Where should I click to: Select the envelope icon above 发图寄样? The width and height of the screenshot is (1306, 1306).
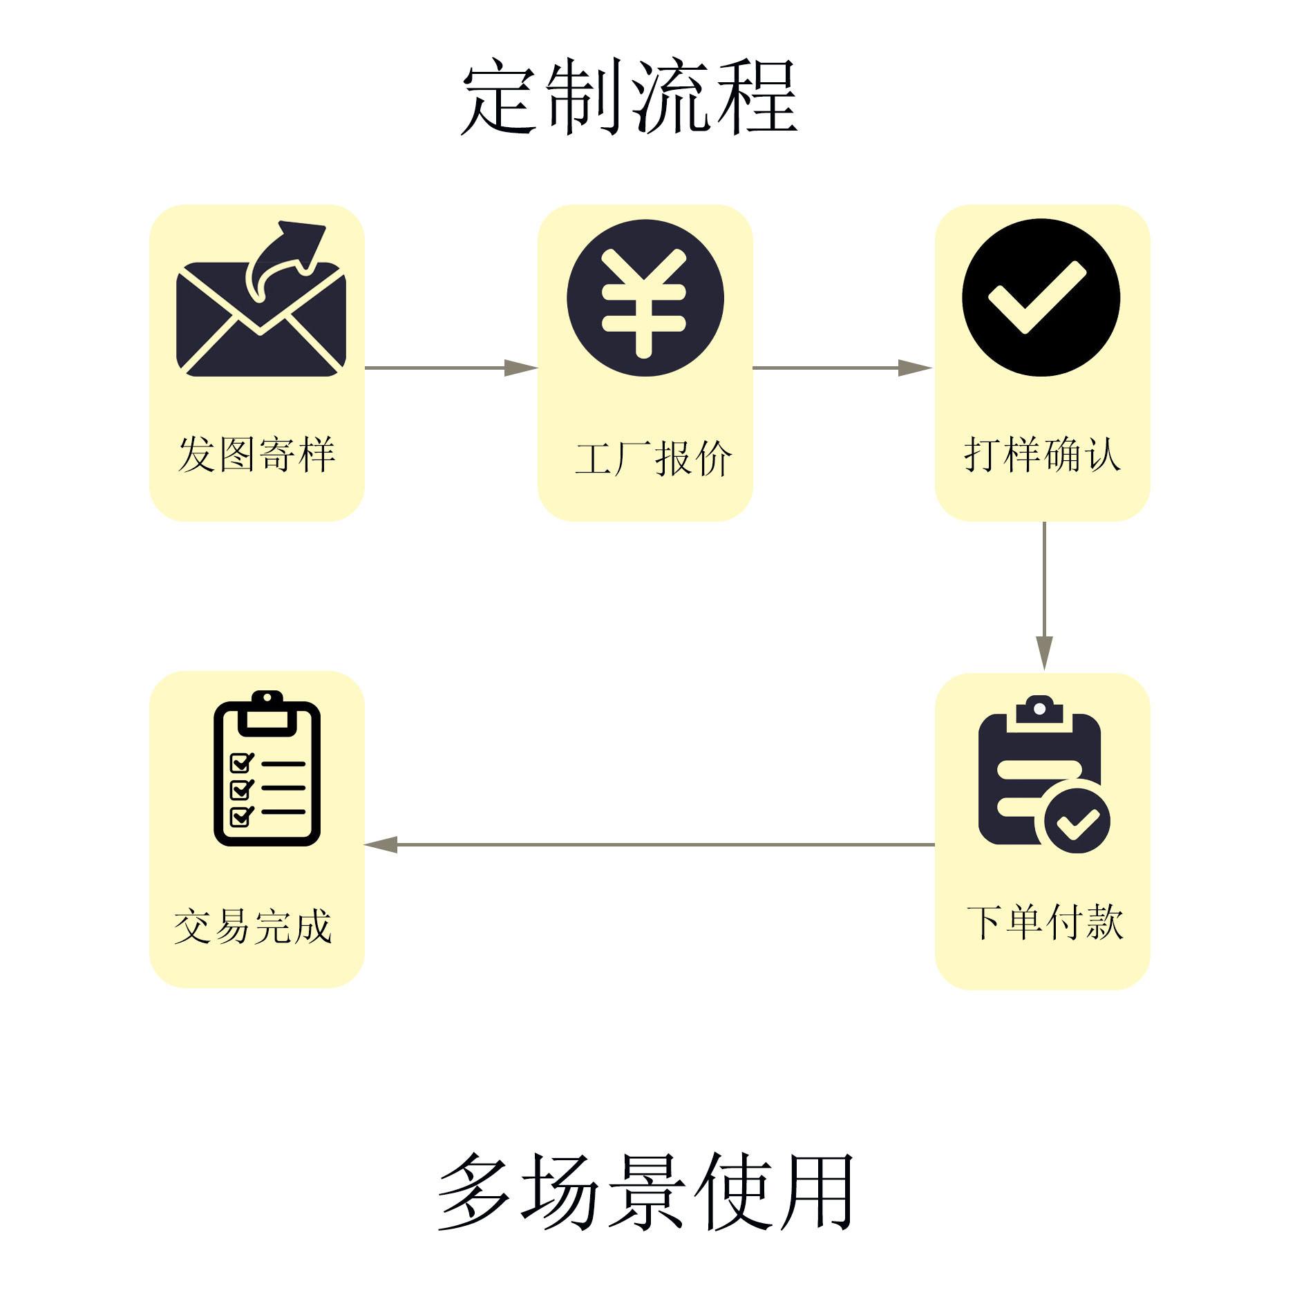pyautogui.click(x=261, y=299)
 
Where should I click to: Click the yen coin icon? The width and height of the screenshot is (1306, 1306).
pyautogui.click(x=645, y=298)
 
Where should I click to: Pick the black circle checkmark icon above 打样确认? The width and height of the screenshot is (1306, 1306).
pyautogui.click(x=1041, y=298)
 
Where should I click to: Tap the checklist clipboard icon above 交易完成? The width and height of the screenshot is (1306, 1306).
pyautogui.click(x=267, y=768)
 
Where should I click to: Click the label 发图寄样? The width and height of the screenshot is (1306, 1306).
pyautogui.click(x=256, y=454)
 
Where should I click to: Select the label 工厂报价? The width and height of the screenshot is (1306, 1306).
pyautogui.click(x=653, y=458)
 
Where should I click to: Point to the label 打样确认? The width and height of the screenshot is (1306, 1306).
pyautogui.click(x=1042, y=454)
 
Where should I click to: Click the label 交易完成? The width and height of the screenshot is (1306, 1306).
pyautogui.click(x=253, y=926)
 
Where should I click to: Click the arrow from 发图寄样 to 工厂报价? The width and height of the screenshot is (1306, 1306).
pyautogui.click(x=451, y=368)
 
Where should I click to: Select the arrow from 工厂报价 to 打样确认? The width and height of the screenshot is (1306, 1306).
pyautogui.click(x=843, y=368)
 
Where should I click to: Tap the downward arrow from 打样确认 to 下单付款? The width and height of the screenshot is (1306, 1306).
pyautogui.click(x=1044, y=596)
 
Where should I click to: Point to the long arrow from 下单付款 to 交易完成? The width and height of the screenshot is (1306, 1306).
pyautogui.click(x=649, y=844)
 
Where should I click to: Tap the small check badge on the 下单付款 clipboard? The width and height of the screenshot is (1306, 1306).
pyautogui.click(x=1077, y=822)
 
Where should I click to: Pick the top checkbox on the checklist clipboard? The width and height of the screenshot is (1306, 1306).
pyautogui.click(x=241, y=763)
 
